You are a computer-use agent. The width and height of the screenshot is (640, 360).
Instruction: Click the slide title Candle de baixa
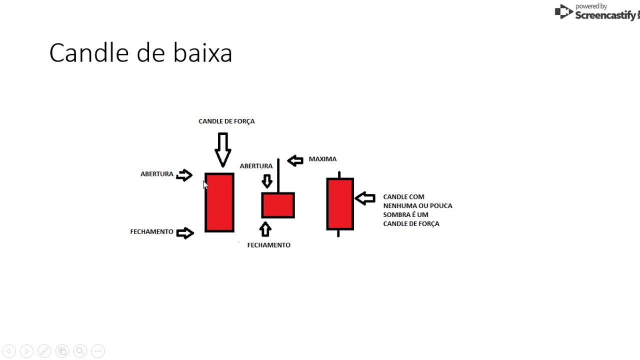point(140,53)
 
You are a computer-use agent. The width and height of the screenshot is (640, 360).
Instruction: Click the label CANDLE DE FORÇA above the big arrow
point(226,121)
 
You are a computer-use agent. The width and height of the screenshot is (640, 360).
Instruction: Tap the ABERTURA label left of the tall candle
point(156,174)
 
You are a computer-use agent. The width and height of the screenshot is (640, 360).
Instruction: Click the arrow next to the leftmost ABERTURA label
point(184,175)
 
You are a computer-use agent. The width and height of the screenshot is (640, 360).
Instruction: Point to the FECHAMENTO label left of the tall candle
point(151,232)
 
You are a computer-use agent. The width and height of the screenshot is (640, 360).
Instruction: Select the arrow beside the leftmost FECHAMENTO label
point(185,233)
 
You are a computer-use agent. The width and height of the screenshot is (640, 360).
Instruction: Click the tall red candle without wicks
point(219,202)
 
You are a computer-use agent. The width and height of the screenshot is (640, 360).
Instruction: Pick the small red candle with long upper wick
point(278,205)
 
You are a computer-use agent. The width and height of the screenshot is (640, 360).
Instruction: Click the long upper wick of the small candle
point(278,175)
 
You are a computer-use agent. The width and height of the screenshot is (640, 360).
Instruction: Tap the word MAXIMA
point(322,159)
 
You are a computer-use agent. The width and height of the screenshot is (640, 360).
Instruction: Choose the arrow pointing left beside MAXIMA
point(295,160)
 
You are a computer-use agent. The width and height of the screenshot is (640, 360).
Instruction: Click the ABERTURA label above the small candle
point(256,166)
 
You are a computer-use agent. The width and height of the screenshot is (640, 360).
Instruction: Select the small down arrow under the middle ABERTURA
point(267,181)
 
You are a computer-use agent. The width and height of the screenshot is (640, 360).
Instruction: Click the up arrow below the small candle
point(265,229)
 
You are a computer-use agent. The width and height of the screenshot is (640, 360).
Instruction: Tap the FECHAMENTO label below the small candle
point(268,245)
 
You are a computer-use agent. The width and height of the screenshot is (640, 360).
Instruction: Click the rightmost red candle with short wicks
point(340,204)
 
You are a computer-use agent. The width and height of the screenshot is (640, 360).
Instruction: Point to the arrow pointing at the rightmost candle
point(365,198)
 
